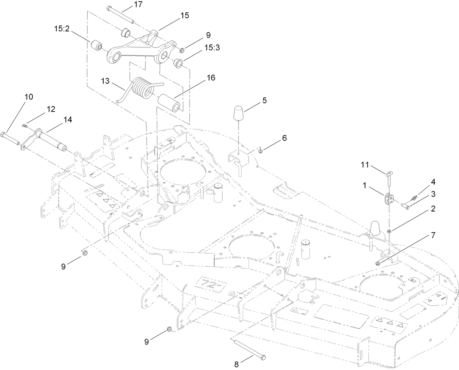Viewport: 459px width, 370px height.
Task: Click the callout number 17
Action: pos(128,4)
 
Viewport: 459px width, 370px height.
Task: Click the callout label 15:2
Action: pos(63,29)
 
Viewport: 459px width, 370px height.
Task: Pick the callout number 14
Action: pos(67,119)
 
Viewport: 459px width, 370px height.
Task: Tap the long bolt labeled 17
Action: pos(121,15)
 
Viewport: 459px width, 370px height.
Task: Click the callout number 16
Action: pos(211,78)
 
